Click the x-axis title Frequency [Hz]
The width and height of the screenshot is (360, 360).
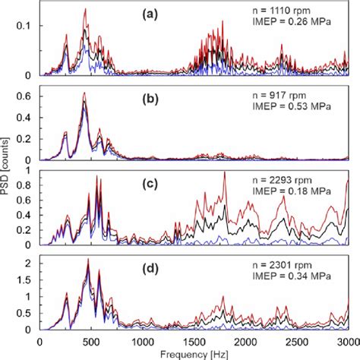(194, 353)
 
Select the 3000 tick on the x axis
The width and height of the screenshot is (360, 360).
(347, 341)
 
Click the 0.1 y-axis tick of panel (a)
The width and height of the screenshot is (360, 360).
(27, 27)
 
